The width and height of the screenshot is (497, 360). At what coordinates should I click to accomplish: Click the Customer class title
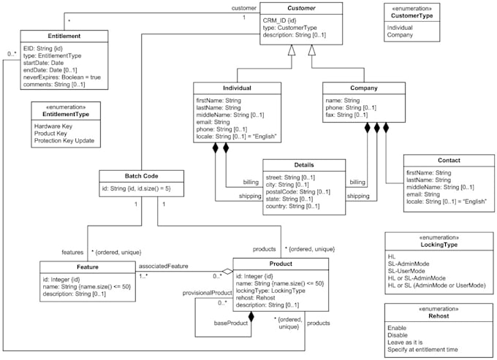302,9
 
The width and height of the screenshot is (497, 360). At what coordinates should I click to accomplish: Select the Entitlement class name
64,36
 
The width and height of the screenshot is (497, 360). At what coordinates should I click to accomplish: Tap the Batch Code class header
142,175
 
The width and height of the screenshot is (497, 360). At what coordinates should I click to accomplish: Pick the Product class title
280,264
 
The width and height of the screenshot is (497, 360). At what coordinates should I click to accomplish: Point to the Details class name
303,166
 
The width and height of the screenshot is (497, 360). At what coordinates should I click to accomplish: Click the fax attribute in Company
346,115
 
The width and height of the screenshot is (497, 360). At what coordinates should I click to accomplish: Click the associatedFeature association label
168,266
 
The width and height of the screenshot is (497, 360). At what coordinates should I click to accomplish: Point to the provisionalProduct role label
213,292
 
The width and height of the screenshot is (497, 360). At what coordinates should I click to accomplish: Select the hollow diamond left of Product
227,272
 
